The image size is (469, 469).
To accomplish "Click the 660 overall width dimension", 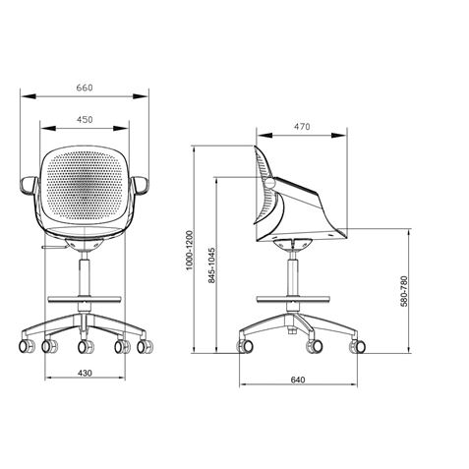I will (x=85, y=88).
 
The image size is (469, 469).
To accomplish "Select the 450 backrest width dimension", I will (x=85, y=120).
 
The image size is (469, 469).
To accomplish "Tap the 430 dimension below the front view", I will (x=85, y=373).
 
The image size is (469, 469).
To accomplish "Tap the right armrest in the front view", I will (x=144, y=184).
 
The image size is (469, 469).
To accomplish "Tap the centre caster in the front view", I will (x=85, y=348).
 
